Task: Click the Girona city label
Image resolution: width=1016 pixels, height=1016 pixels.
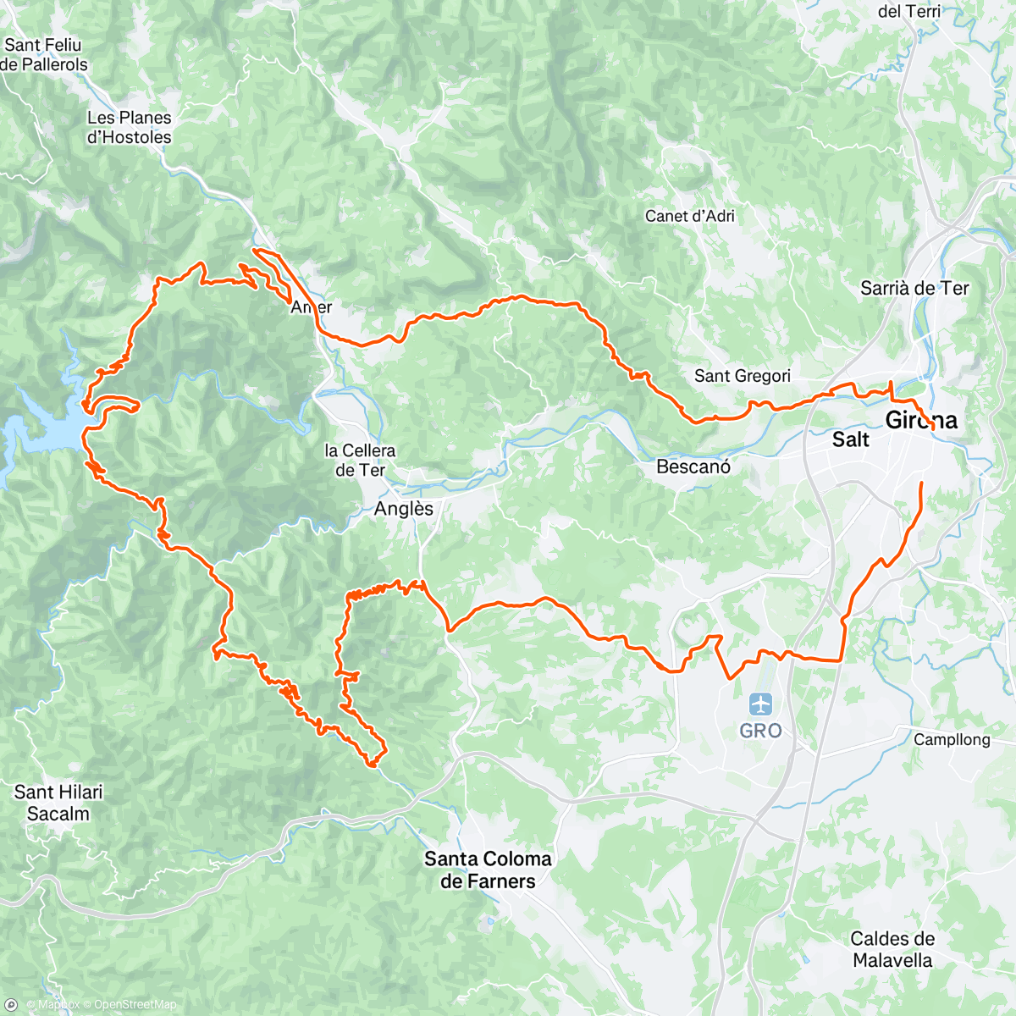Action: click(921, 420)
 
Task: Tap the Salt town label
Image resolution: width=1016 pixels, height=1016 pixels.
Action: click(850, 439)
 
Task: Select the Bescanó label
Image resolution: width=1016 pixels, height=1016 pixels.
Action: click(693, 467)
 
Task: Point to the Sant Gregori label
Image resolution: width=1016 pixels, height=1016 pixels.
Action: click(742, 376)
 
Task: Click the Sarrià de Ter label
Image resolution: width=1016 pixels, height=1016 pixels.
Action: click(914, 289)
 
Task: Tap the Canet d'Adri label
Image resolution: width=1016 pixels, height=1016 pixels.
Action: click(689, 216)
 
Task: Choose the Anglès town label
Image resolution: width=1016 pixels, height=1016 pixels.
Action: click(404, 509)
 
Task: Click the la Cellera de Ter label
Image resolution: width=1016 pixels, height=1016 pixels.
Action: click(360, 461)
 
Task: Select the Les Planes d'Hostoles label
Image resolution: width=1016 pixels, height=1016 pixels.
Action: click(129, 127)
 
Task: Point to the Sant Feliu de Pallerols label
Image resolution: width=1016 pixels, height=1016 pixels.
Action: click(44, 54)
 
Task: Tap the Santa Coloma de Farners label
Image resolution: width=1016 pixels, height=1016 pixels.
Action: click(488, 870)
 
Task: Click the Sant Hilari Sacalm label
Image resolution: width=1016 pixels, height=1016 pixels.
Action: click(58, 803)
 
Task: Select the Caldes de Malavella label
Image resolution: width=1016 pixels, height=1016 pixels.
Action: click(892, 949)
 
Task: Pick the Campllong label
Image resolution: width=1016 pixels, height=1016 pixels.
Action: click(952, 740)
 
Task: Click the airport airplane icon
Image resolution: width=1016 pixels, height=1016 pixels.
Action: click(760, 704)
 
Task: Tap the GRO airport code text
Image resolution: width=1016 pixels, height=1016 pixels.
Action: click(760, 731)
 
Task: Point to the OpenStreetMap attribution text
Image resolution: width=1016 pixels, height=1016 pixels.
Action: click(135, 1005)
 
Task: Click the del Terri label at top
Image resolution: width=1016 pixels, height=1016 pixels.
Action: click(908, 11)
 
